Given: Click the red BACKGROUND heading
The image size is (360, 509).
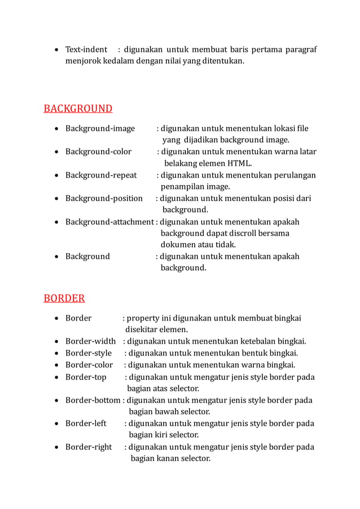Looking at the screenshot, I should (78, 108).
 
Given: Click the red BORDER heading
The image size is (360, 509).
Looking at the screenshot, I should (64, 298).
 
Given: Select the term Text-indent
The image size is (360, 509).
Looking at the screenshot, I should (86, 50).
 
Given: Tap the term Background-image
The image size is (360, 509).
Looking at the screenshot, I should (100, 129).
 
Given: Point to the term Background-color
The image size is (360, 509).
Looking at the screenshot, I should (98, 152).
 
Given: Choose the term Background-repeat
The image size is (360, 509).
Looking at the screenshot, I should (101, 175).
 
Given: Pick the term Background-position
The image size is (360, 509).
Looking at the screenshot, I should (104, 198).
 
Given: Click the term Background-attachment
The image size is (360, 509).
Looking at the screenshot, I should (109, 222).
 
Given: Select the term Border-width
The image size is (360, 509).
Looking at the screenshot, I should (90, 341).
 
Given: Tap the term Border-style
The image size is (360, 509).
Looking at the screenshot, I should (89, 353).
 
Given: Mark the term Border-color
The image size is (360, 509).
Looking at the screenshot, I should (89, 365).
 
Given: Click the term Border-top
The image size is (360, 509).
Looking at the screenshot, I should (86, 377).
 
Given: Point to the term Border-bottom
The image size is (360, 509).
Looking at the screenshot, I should (93, 401).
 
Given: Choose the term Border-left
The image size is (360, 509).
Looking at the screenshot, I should (86, 424).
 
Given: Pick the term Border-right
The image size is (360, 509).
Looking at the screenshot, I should (89, 447).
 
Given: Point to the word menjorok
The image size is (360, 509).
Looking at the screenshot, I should (83, 62).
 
